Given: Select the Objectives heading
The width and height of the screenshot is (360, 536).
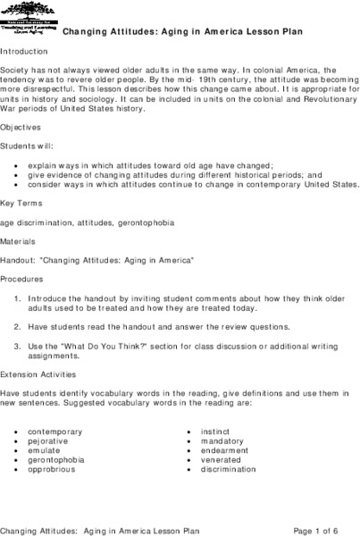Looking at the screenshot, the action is pyautogui.click(x=23, y=128).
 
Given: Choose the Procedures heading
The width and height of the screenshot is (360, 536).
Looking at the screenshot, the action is pyautogui.click(x=25, y=278).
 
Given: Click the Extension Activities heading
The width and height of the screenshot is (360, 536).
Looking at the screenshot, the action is pyautogui.click(x=38, y=374).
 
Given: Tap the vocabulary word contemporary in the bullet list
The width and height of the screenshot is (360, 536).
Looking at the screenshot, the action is pyautogui.click(x=54, y=431).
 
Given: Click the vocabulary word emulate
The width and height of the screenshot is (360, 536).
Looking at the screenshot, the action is pyautogui.click(x=43, y=450).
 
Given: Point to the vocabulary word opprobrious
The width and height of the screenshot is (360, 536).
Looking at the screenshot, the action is pyautogui.click(x=52, y=469).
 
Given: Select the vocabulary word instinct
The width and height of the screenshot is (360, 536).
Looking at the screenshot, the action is pyautogui.click(x=215, y=431).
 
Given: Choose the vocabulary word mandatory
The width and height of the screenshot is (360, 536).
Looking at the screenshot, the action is pyautogui.click(x=221, y=441).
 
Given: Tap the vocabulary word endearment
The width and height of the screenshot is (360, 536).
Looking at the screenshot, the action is pyautogui.click(x=225, y=450).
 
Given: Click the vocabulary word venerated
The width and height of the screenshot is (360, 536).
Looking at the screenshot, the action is pyautogui.click(x=220, y=460).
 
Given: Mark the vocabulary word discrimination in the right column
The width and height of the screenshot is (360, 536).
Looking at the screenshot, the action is pyautogui.click(x=229, y=469).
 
